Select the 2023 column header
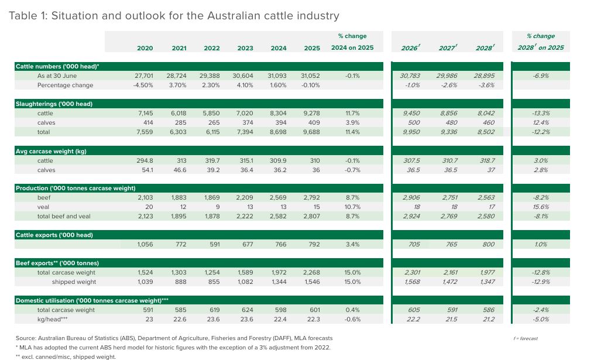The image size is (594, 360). [x=245, y=48]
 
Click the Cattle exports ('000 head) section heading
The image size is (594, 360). [x=54, y=235]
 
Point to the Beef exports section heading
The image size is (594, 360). [x=57, y=263]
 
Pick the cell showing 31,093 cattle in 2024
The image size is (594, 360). [x=279, y=76]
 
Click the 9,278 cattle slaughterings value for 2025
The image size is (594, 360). [x=312, y=114]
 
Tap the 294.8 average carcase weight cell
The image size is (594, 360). [x=145, y=160]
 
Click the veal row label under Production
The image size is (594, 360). [x=44, y=207]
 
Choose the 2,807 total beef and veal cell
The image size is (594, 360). [x=312, y=217]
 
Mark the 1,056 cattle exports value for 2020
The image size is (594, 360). [x=145, y=245]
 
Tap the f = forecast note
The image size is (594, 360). [x=525, y=338]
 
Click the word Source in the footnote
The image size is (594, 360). [x=27, y=338]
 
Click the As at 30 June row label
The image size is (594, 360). [x=57, y=76]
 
